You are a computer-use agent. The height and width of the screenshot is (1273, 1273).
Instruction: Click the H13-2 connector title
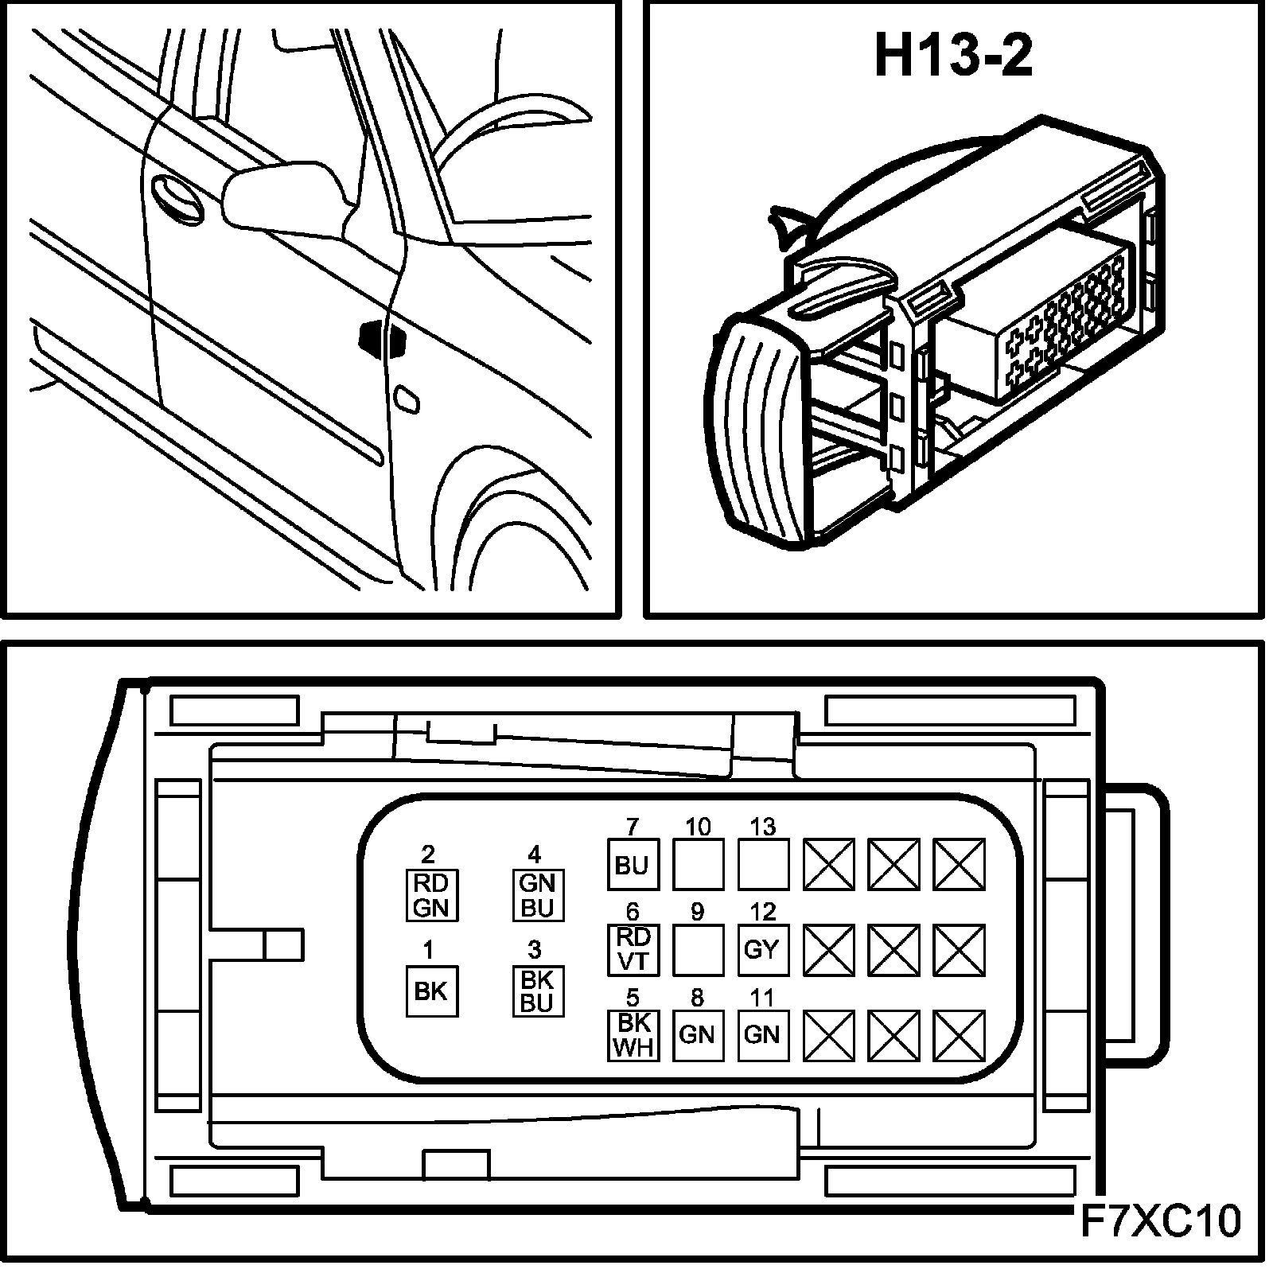[953, 56]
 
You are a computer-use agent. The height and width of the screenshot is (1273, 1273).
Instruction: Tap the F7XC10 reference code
[1161, 1221]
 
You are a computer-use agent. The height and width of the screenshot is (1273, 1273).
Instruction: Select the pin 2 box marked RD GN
[432, 895]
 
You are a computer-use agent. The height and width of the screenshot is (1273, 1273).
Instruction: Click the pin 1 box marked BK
[432, 991]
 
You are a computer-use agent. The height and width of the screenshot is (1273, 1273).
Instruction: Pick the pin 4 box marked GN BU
[537, 895]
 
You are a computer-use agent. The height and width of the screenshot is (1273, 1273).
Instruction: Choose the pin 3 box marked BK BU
[537, 991]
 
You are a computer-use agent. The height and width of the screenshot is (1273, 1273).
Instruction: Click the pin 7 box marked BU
[633, 865]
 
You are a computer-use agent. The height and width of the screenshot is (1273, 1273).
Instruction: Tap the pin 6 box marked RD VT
[633, 949]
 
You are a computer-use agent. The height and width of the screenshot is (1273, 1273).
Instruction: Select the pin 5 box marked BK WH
[633, 1034]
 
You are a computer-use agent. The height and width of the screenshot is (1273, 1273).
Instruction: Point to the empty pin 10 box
[698, 865]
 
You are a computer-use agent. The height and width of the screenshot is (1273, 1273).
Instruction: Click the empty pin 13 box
[763, 865]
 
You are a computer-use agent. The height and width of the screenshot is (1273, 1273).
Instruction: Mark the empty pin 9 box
[698, 949]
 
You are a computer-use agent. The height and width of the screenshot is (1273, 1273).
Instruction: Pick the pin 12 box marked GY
[763, 949]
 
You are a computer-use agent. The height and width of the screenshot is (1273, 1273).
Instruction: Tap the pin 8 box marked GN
[698, 1034]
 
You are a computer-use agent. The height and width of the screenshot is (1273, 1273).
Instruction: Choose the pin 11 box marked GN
[763, 1034]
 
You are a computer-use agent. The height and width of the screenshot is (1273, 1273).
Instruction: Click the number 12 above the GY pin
[763, 912]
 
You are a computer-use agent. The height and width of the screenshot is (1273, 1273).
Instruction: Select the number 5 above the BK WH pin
[633, 998]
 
